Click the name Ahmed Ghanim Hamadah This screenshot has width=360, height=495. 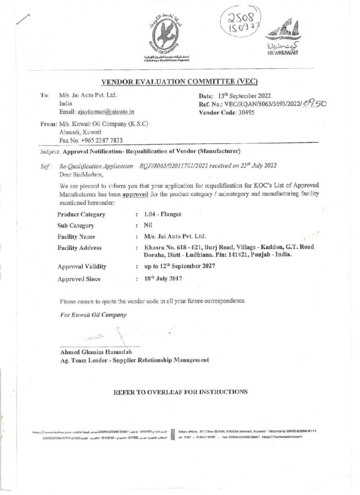coord(91,351)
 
